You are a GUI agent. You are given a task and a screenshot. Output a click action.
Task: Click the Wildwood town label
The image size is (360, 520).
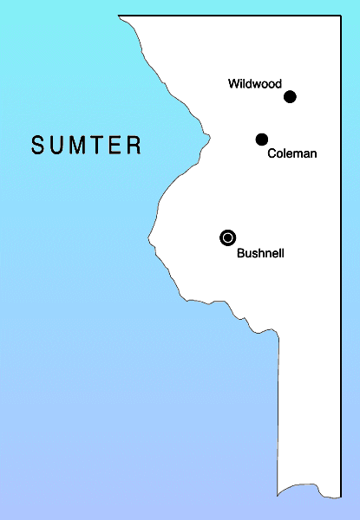[x=255, y=84]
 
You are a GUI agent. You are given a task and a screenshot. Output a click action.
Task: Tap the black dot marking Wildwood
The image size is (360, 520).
[x=291, y=96]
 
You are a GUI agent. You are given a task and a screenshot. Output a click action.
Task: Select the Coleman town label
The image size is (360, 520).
[x=292, y=153]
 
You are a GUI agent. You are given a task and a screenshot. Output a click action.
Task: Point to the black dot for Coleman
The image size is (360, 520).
[x=262, y=140]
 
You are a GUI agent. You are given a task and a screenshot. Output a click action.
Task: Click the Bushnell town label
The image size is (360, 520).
[x=260, y=254]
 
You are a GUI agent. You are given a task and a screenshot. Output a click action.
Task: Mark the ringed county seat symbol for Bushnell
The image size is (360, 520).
[x=227, y=237]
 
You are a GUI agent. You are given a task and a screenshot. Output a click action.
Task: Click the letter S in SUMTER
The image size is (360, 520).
[x=38, y=145]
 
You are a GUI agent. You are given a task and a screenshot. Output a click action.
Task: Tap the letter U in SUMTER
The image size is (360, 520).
[x=57, y=145]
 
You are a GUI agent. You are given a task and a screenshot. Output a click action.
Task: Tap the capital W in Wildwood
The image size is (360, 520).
[x=234, y=84]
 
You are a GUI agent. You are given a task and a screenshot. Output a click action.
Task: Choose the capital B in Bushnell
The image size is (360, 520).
[x=240, y=254]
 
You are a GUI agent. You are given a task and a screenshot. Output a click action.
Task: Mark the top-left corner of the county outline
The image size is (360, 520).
[x=119, y=16]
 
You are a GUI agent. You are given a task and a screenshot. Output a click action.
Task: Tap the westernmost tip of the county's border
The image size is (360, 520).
[x=148, y=236]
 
